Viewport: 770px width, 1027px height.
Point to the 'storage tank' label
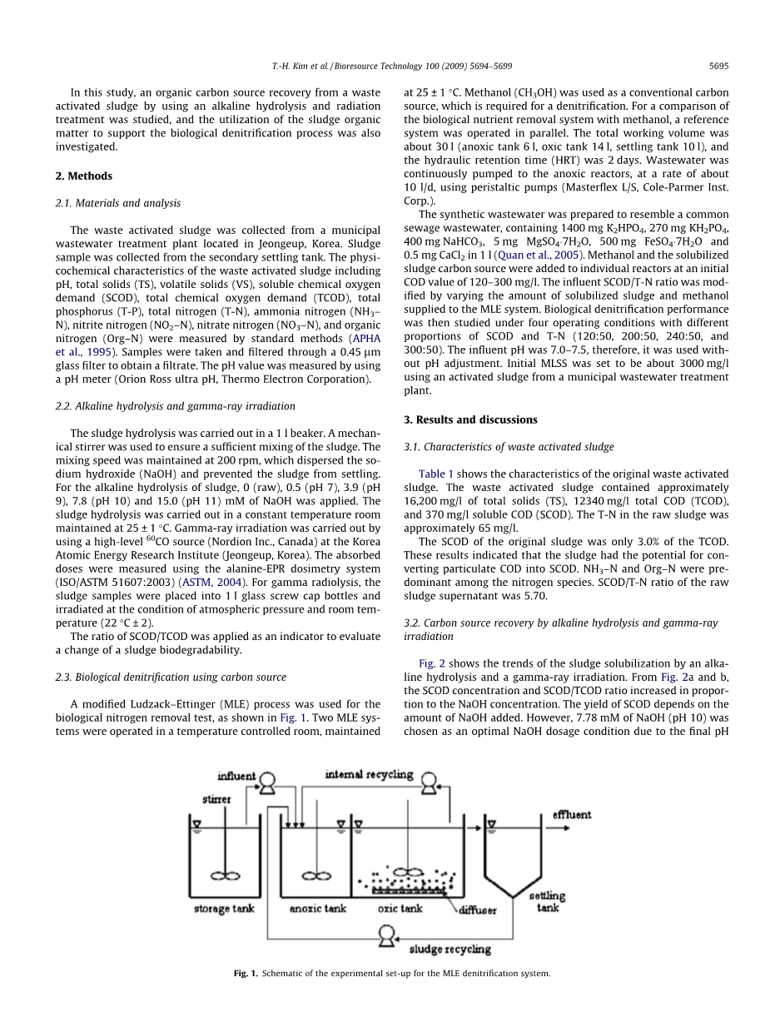pyautogui.click(x=224, y=909)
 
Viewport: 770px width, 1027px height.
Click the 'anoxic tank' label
pyautogui.click(x=317, y=909)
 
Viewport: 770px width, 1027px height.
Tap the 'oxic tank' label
pyautogui.click(x=400, y=909)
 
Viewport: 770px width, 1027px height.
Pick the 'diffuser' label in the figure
pyautogui.click(x=478, y=910)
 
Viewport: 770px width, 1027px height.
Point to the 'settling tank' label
pyautogui.click(x=548, y=901)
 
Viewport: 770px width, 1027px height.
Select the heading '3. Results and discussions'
pyautogui.click(x=470, y=419)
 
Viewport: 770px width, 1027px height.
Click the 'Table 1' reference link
pyautogui.click(x=436, y=474)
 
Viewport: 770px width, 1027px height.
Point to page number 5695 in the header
pyautogui.click(x=718, y=64)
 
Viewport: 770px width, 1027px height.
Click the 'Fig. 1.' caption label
pyautogui.click(x=246, y=973)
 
